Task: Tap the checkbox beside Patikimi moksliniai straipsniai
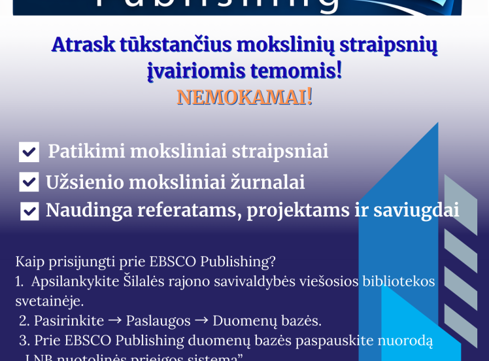tap(29, 152)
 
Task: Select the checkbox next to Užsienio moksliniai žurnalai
tap(29, 182)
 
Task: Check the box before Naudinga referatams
tap(29, 211)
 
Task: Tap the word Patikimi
tap(86, 151)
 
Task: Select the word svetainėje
tap(50, 301)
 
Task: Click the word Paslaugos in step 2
tap(158, 321)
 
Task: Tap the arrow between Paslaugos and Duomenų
tap(201, 321)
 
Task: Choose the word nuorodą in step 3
tap(405, 341)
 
